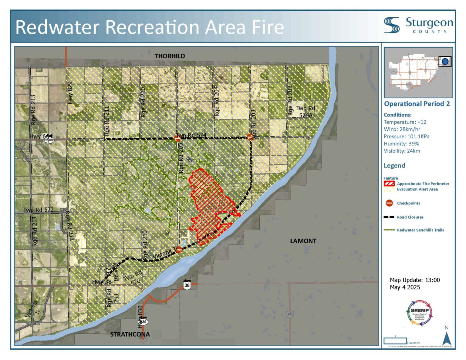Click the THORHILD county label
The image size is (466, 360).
[170, 56]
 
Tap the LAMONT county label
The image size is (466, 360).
[303, 241]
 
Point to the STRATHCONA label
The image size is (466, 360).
[130, 334]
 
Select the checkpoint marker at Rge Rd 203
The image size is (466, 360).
[250, 137]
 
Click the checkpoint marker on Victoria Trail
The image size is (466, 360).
[179, 250]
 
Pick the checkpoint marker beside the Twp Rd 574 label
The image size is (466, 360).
[178, 138]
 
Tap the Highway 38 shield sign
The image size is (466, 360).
[187, 285]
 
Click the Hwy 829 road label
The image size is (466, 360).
[70, 93]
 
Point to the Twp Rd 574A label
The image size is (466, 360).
[306, 112]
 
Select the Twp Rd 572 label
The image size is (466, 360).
[39, 210]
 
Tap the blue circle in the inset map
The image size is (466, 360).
[445, 62]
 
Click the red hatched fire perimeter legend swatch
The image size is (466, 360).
[389, 184]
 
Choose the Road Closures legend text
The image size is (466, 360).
[410, 217]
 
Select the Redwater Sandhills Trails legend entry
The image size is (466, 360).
[420, 230]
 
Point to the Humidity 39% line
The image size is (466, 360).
[401, 144]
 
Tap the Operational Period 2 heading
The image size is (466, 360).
[417, 104]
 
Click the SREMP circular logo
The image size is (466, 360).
[420, 313]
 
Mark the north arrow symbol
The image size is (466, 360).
[447, 338]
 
